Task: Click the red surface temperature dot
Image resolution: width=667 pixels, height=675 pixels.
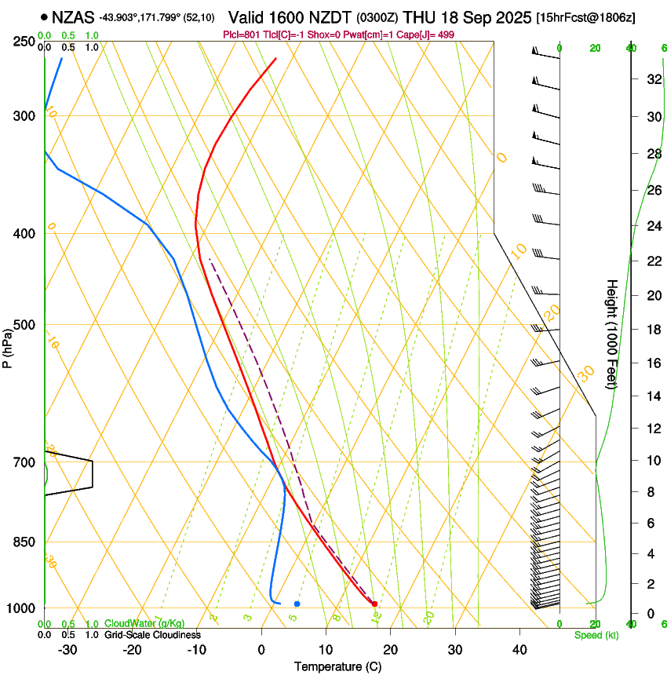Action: click(x=374, y=604)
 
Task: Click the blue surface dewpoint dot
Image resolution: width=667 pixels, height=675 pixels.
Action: click(x=297, y=604)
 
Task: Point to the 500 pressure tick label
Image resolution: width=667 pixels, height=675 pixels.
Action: click(x=24, y=325)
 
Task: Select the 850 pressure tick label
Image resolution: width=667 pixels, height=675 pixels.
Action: click(x=24, y=542)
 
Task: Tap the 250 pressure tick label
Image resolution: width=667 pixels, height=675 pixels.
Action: click(x=24, y=42)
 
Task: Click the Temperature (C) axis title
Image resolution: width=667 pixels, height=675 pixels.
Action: click(x=338, y=667)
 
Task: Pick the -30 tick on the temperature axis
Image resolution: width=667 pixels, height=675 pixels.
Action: click(x=67, y=650)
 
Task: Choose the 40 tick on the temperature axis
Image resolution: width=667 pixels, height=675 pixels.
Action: click(x=519, y=650)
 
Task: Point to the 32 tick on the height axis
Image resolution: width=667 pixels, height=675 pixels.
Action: click(x=652, y=78)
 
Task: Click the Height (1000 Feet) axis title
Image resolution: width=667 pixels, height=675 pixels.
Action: click(x=612, y=334)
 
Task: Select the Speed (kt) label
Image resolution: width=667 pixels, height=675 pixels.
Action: click(x=596, y=635)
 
